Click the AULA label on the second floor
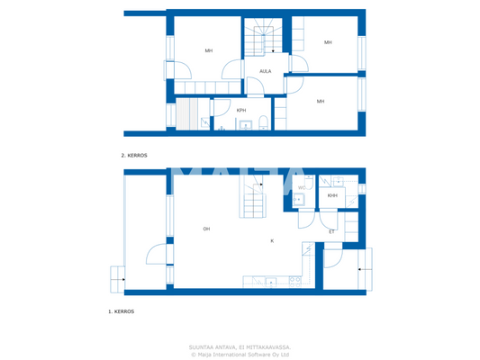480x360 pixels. (266, 71)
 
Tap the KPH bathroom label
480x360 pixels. (241, 111)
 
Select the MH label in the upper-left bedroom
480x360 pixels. (208, 50)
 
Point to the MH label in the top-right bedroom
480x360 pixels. (328, 42)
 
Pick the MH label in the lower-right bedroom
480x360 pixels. (320, 102)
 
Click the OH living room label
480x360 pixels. (206, 229)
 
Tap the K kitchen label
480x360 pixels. (272, 240)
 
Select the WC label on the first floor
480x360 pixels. (302, 188)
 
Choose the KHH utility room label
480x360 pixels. (332, 195)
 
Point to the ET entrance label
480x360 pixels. (331, 231)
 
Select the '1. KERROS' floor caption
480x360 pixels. (121, 310)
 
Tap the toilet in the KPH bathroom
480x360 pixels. (262, 123)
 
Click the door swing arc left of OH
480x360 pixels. (157, 254)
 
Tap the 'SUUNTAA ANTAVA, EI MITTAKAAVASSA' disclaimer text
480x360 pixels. (239, 347)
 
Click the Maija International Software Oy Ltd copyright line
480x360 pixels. (240, 355)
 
